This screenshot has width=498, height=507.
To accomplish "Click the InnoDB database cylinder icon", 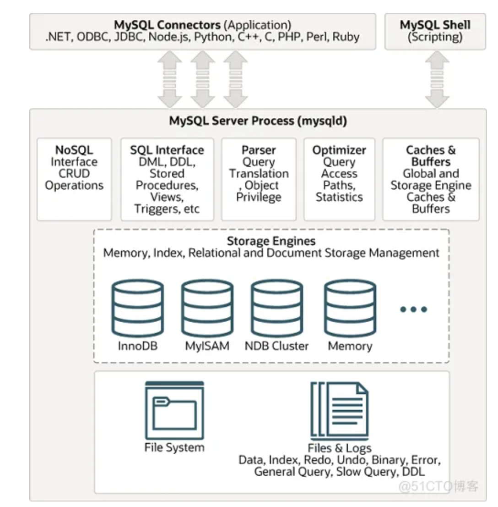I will coord(137,308).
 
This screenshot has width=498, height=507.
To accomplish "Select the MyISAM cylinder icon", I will coord(207,308).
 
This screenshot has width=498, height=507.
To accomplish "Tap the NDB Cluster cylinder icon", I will coord(276,308).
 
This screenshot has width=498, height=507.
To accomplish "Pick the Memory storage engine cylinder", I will coord(350,308).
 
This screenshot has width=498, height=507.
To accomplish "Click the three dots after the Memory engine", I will coord(413,309).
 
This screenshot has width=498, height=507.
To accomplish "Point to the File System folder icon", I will coord(174,410).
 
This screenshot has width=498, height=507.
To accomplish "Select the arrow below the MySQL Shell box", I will coord(437,79).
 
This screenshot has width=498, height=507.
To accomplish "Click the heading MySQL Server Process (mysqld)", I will coord(258,121).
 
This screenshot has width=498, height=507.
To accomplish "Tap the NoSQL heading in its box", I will coord(74,150).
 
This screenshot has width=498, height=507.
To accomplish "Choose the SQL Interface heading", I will coord(167,150).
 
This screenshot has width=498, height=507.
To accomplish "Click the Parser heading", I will coord(259,150).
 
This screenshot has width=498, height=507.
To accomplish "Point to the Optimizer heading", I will coord(339,150).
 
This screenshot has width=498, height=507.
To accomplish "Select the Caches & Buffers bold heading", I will coord(431,156).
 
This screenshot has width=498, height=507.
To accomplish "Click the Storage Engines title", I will coord(271,241).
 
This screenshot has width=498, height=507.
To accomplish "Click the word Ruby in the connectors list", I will coord(346,37).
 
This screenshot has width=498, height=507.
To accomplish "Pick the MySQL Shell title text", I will coord(435,25).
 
